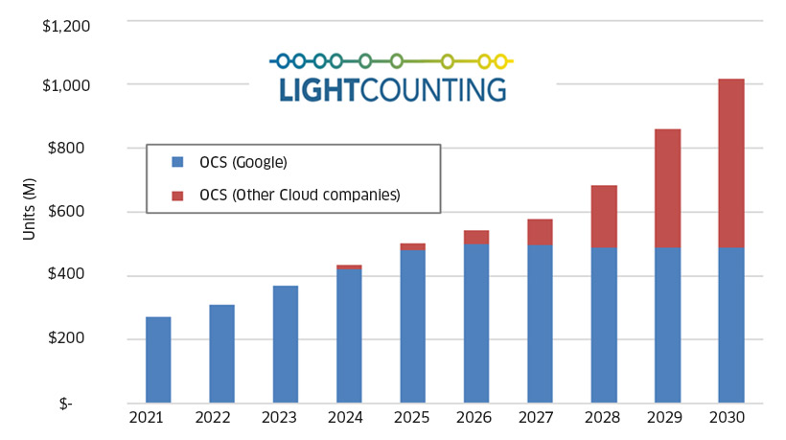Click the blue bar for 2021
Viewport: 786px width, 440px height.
pos(158,359)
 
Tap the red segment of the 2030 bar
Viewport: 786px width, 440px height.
pos(731,163)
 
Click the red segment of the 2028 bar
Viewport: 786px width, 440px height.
pos(604,217)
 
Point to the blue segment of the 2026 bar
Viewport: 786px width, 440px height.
pos(476,323)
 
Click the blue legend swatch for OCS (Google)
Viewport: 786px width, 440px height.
pos(175,161)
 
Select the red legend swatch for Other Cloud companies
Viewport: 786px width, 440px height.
pos(175,196)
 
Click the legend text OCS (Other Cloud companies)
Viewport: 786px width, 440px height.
pos(299,196)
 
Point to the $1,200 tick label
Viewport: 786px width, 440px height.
pos(66,21)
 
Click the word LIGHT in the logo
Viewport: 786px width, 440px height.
pos(317,90)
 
